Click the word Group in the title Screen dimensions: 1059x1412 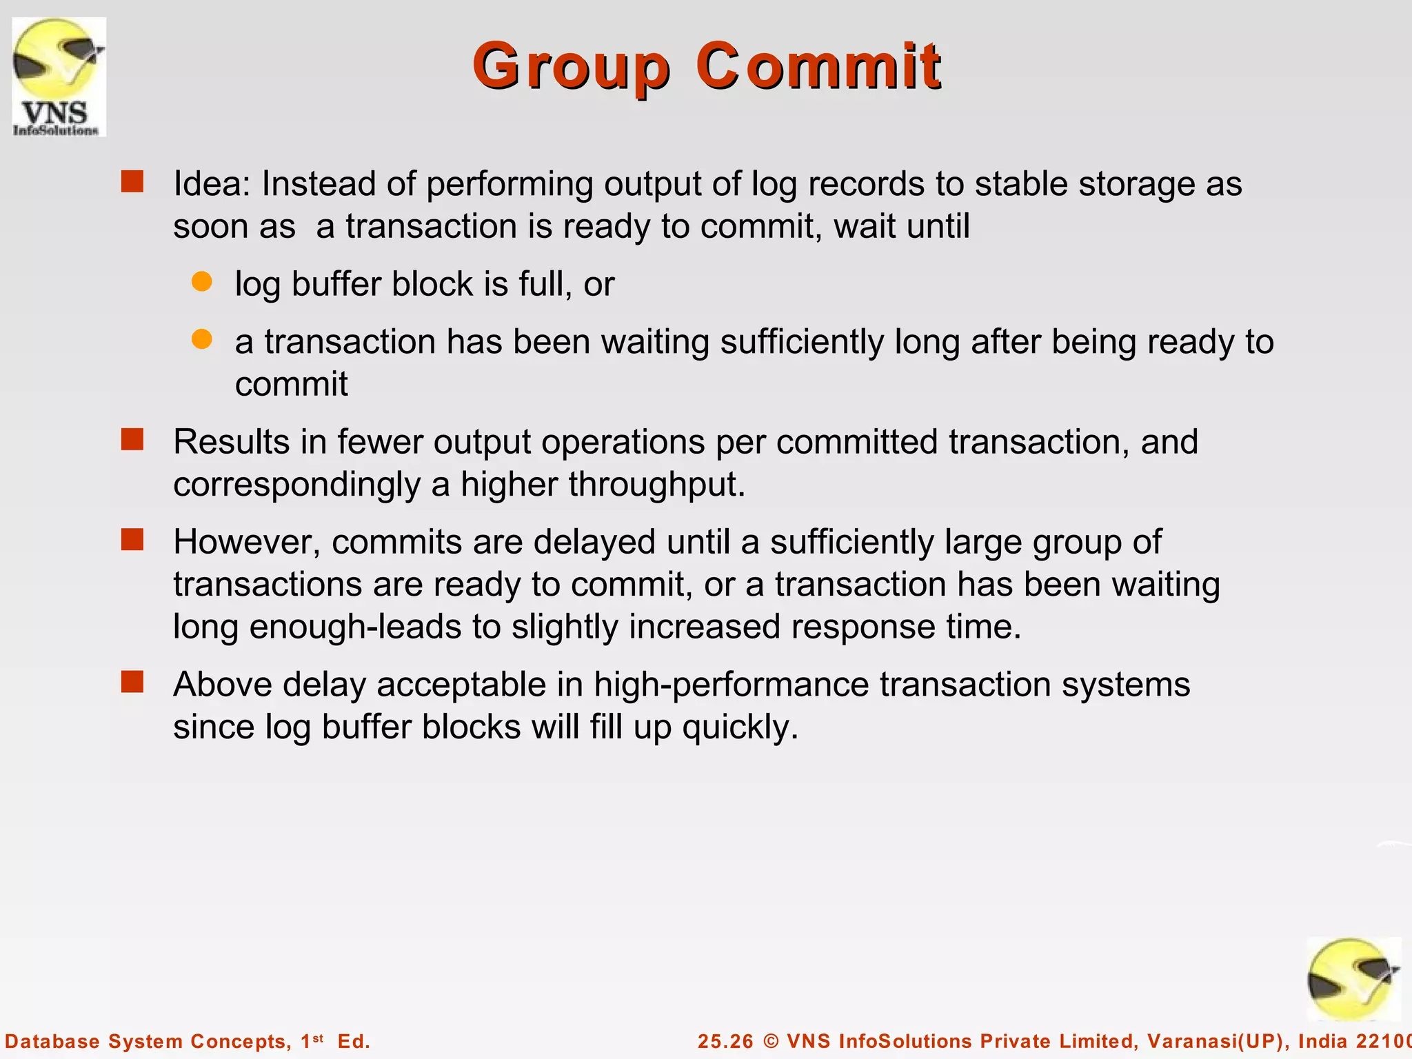click(571, 67)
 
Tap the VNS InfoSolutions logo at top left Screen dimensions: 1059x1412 click(59, 77)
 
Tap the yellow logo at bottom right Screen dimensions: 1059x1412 click(1353, 980)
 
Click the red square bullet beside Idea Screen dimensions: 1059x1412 click(132, 182)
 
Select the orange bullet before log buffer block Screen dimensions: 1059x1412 click(201, 282)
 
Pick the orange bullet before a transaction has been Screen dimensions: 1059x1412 click(201, 339)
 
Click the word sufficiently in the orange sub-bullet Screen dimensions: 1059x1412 click(801, 342)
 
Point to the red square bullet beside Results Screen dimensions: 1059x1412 click(132, 439)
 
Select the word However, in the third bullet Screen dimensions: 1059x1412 click(246, 542)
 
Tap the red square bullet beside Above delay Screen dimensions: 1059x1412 click(132, 682)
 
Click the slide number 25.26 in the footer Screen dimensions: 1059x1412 click(725, 1041)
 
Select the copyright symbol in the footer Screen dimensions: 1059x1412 click(771, 1041)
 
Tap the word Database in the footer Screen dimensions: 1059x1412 click(52, 1041)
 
